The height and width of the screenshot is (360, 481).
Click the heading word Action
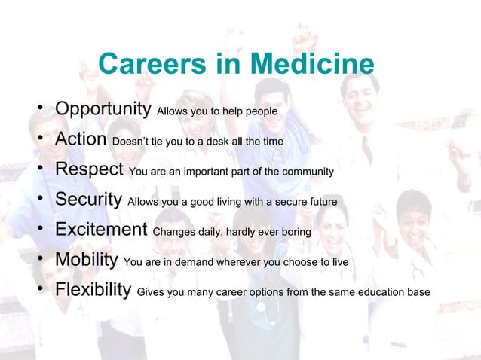(x=81, y=139)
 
